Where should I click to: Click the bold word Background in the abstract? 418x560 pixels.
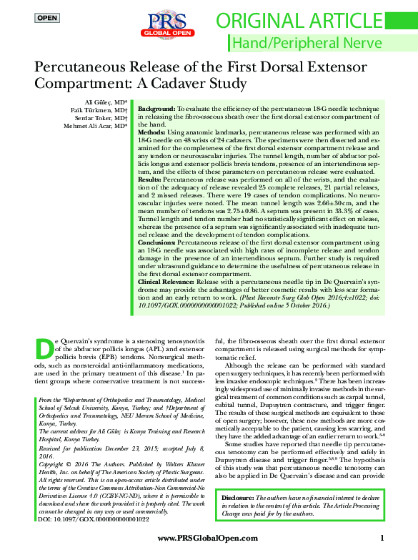[156, 105]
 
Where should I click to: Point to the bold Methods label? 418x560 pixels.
[151, 133]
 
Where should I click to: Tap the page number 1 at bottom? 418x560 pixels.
[383, 539]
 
